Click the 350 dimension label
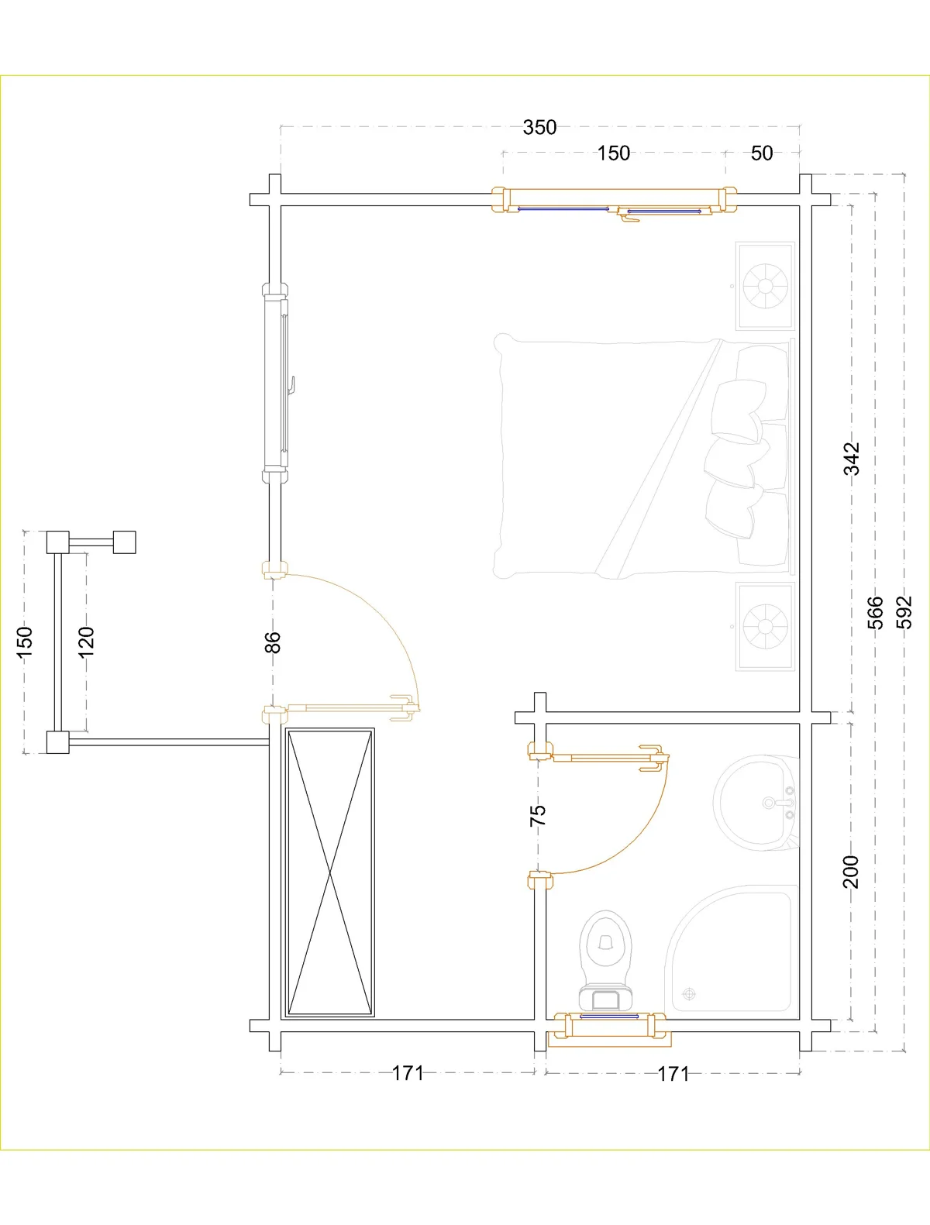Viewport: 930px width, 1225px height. coord(539,127)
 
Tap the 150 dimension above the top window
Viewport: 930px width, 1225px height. coord(614,153)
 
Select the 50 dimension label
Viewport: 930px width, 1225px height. coord(761,153)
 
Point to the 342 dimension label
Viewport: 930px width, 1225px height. coord(851,458)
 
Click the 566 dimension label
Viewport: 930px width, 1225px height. coord(875,612)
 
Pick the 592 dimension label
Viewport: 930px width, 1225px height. coord(904,612)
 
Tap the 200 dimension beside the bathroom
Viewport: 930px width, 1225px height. coord(850,871)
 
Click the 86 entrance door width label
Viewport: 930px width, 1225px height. coord(273,642)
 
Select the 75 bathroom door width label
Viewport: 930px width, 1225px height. coord(538,816)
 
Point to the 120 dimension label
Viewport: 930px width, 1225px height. coord(86,642)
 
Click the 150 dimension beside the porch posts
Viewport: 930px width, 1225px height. coord(25,642)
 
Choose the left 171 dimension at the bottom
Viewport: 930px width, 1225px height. coord(408,1073)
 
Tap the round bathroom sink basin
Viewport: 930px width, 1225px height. coord(756,803)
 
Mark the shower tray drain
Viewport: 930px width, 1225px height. coord(690,993)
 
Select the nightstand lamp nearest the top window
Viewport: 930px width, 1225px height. coord(765,287)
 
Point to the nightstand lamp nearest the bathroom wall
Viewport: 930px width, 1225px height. coord(765,626)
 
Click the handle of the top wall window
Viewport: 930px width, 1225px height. coord(630,219)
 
